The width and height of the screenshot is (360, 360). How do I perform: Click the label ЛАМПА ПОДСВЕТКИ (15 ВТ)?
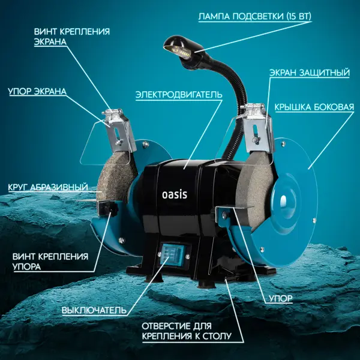coord(255,17)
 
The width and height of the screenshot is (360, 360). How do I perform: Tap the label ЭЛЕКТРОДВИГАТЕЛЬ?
coord(179,95)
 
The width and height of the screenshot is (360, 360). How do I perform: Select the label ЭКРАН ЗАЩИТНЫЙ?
coord(310,73)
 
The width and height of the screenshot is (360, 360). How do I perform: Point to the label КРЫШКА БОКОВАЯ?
coord(314,107)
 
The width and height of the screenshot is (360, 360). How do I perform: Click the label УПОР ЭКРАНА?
coord(37,91)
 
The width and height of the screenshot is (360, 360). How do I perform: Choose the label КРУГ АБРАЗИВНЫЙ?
coord(48,187)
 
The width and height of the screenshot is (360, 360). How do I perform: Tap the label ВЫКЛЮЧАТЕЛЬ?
coord(94,310)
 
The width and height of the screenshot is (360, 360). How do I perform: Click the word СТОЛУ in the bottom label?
coord(217,336)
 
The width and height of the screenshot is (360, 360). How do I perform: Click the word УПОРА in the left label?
coord(26,267)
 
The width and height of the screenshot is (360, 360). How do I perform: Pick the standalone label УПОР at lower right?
coord(281,298)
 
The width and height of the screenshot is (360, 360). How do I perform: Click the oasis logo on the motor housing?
coord(175,194)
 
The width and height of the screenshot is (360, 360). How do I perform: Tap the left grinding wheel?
coord(116,177)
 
